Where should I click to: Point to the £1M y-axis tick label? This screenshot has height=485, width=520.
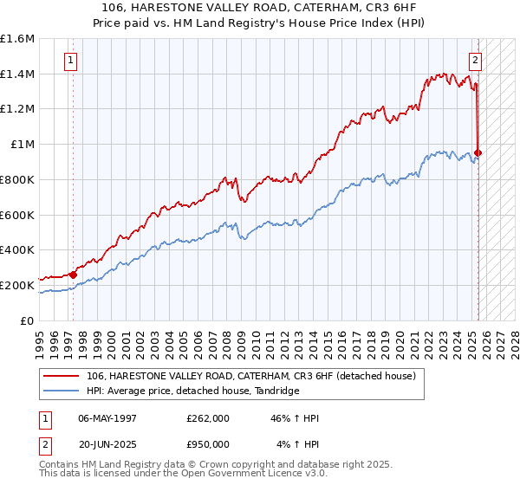click(23, 145)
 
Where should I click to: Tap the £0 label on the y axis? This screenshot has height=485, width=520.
click(29, 320)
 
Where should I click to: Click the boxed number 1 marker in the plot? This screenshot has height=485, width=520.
click(70, 61)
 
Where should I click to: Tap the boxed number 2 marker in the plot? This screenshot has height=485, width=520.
click(476, 61)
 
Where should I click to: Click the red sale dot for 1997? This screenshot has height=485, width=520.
click(74, 275)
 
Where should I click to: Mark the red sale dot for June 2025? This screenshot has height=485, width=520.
click(478, 153)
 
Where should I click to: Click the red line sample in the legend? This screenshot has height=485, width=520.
click(62, 376)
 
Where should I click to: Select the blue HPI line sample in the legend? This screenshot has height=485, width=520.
click(62, 391)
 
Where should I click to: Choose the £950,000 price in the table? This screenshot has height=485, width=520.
click(208, 444)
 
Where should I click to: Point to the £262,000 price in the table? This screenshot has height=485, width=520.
click(208, 418)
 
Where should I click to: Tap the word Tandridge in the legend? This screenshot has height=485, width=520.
click(276, 391)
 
